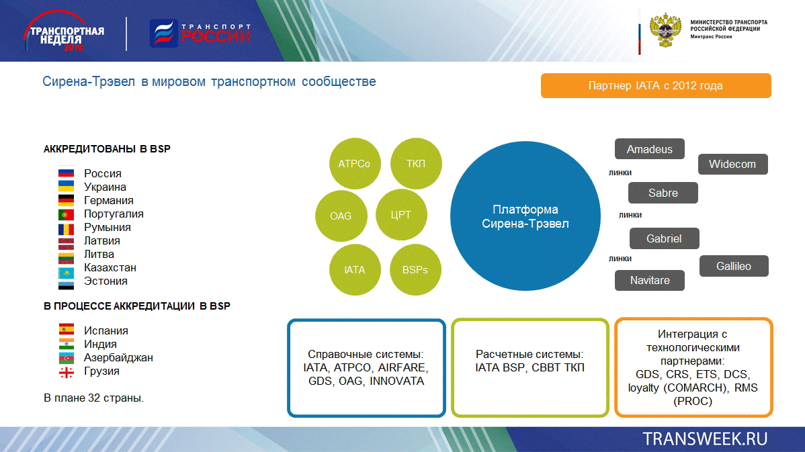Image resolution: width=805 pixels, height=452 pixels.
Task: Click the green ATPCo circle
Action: click(355, 164)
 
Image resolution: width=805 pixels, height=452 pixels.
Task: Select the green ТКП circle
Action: click(416, 164)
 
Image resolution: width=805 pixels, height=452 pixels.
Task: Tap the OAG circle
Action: click(341, 216)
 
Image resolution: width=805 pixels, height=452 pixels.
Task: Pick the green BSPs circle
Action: click(415, 270)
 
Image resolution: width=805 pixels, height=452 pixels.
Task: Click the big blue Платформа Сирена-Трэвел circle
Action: click(525, 216)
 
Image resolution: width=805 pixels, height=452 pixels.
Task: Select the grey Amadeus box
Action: click(649, 149)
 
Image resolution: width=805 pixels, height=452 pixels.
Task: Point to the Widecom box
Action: click(732, 164)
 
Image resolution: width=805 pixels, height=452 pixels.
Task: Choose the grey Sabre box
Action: click(663, 193)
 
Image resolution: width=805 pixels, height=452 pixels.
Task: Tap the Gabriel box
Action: click(665, 238)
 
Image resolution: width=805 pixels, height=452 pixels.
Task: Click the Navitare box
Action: click(649, 280)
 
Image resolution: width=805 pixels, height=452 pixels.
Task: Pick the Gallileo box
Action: click(734, 266)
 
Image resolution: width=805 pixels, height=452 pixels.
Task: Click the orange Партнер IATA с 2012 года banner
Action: click(656, 86)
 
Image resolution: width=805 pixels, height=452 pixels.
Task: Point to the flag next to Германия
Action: click(67, 201)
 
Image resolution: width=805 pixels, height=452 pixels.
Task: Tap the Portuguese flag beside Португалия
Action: click(67, 214)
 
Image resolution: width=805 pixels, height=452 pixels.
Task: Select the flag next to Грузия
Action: click(67, 371)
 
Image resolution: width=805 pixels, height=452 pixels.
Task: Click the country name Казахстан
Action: click(110, 268)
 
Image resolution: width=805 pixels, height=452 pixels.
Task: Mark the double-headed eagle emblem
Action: click(665, 30)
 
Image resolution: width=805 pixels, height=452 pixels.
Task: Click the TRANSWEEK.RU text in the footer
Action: click(705, 439)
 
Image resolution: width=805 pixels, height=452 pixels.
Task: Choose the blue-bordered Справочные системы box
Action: click(366, 368)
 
